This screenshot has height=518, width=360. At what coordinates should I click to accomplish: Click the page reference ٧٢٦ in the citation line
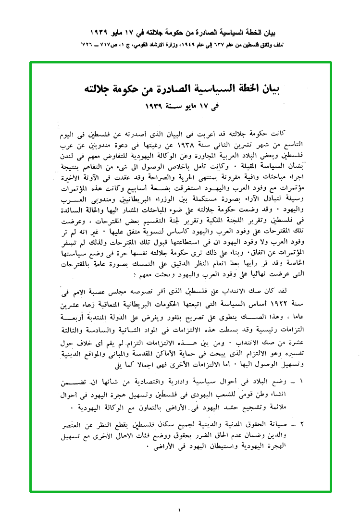pos(91,44)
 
